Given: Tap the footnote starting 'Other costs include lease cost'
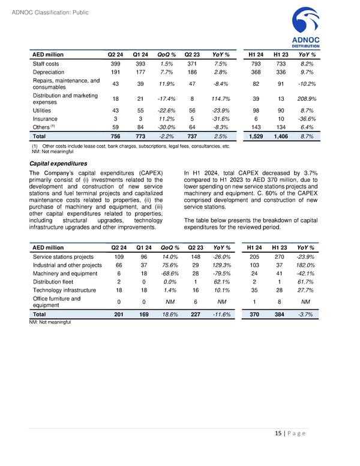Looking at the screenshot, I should click(x=129, y=146).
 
